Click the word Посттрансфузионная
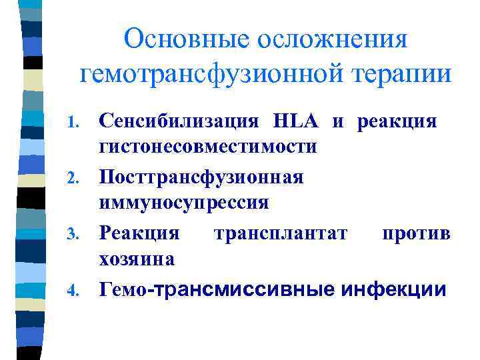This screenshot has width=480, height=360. pos(201,177)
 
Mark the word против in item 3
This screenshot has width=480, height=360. pos(416,234)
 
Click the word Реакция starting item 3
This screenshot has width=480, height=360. pos(139,233)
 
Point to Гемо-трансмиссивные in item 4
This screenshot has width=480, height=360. pos(217,289)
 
